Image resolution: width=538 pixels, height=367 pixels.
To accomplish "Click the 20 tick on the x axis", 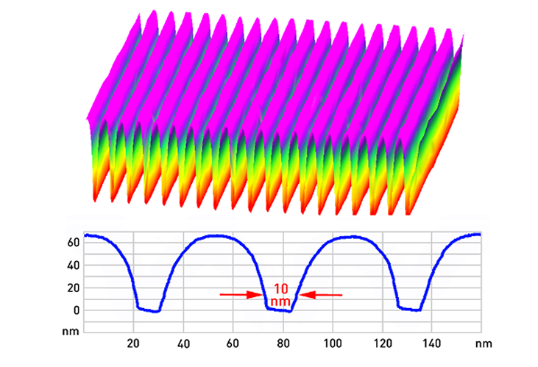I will coord(133,343).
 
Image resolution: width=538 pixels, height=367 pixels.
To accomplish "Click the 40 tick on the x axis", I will coord(183,343).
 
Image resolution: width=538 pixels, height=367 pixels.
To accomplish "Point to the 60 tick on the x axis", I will coord(233,343).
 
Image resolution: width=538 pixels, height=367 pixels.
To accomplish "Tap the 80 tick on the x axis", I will coord(283,343).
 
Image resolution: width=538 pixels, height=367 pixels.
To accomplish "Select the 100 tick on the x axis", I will coord(333,343).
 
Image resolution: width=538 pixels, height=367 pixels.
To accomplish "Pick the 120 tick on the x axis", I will coord(383,343).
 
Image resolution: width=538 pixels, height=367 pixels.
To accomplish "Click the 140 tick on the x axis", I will coord(433,343).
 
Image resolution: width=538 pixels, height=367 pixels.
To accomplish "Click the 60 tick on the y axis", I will coord(73,242).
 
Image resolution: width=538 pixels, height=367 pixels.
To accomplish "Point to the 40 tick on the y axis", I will coord(73,265).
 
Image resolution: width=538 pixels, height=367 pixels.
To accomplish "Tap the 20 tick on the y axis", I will coord(73,288).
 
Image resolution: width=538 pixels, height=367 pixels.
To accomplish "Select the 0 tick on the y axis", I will coord(75,310).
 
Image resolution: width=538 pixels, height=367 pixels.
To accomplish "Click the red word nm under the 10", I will coord(280,300).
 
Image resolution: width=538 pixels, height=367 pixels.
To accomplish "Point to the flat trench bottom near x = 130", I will coord(409,310).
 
